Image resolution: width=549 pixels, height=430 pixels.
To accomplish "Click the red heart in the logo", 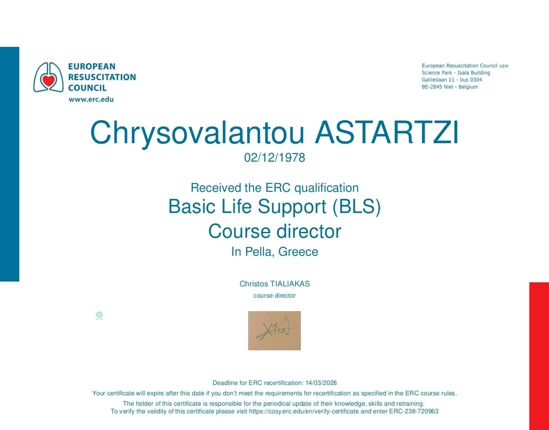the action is click(49, 81).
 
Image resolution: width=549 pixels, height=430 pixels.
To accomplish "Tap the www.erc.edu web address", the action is click(91, 99).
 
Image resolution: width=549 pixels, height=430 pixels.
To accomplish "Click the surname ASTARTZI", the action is click(386, 132).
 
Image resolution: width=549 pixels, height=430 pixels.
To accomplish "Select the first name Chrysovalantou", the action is click(197, 134).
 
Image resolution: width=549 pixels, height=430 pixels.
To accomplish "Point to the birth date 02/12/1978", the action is click(275, 158).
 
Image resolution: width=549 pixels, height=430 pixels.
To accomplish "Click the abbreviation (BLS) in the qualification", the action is click(357, 207).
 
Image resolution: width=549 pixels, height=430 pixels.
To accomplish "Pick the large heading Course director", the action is click(275, 231).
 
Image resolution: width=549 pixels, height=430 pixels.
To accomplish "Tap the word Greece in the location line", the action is click(298, 252).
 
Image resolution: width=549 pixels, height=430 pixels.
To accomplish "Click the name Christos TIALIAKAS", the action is click(275, 284).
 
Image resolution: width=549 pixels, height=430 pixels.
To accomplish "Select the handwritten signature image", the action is click(274, 330).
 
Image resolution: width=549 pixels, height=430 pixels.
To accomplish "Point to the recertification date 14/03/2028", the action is click(321, 383).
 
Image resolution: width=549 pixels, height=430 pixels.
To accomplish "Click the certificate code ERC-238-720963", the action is click(413, 412).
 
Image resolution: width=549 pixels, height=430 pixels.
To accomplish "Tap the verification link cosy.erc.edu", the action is click(304, 412).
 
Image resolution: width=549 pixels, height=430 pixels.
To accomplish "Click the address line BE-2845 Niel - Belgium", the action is click(450, 87).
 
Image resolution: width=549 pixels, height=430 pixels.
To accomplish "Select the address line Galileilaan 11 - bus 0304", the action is click(452, 80).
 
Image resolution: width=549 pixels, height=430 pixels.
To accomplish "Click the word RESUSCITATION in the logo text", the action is click(102, 77).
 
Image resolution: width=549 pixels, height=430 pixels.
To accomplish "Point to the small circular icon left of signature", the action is click(99, 315).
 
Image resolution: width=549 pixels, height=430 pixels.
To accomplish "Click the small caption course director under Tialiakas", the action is click(275, 296).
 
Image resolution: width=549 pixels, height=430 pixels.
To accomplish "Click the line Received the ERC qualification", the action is click(275, 188).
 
